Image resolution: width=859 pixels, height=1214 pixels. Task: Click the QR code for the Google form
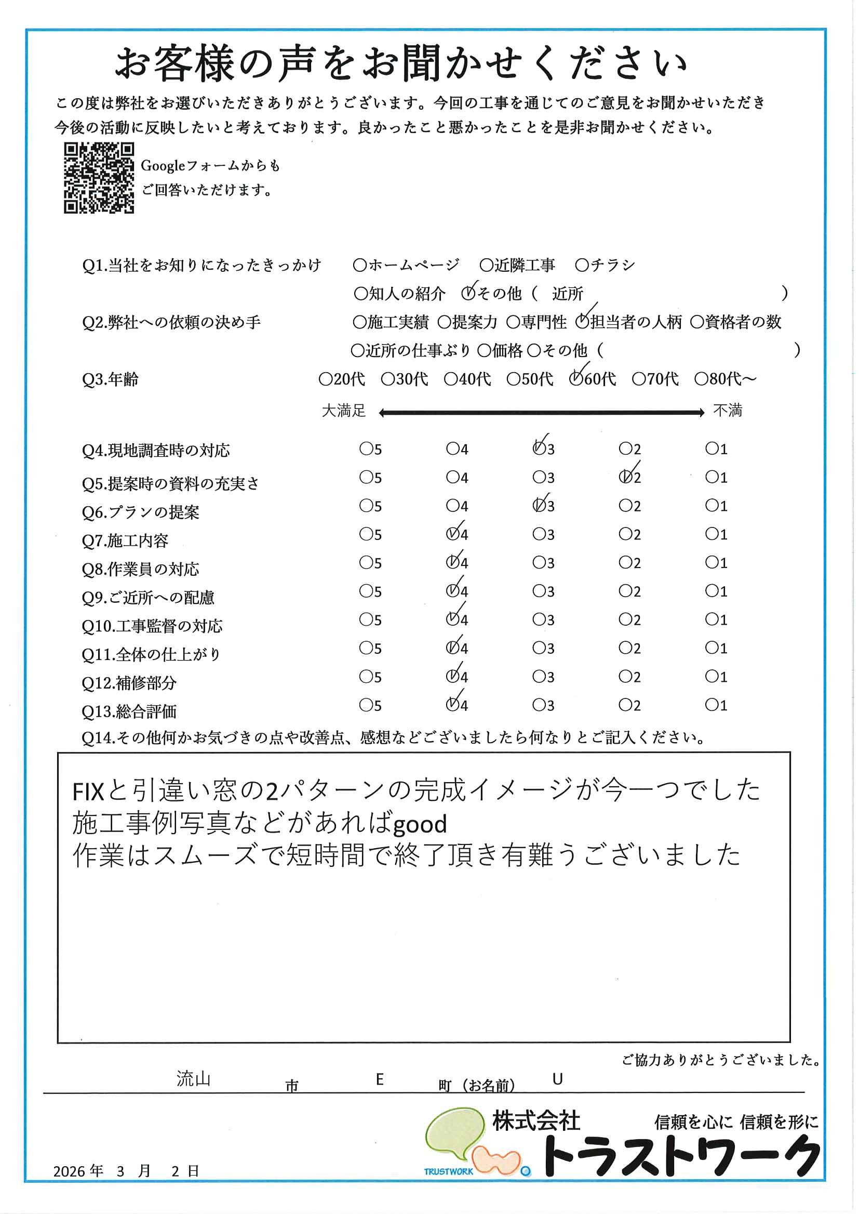pos(99,178)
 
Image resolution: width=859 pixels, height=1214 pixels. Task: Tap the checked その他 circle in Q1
pos(468,293)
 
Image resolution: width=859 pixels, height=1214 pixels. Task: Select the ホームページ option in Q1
pos(360,265)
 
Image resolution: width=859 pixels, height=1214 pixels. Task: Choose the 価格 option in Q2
pos(484,350)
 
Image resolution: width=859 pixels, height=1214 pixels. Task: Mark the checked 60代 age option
pos(575,379)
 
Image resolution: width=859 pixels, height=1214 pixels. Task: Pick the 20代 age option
pos(325,379)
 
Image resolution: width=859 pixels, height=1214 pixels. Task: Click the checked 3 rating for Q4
pos(539,449)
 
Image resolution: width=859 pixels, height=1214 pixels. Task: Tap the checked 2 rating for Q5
pos(625,478)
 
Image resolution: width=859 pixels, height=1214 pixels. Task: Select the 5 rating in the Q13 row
pos(366,705)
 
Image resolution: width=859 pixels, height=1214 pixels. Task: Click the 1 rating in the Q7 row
pos(712,534)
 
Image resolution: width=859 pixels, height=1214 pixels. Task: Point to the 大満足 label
pos(344,411)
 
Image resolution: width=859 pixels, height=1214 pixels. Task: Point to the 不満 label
pos(728,411)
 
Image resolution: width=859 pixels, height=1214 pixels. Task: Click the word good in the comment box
pos(420,825)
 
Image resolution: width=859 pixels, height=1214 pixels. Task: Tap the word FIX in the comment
pos(88,792)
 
